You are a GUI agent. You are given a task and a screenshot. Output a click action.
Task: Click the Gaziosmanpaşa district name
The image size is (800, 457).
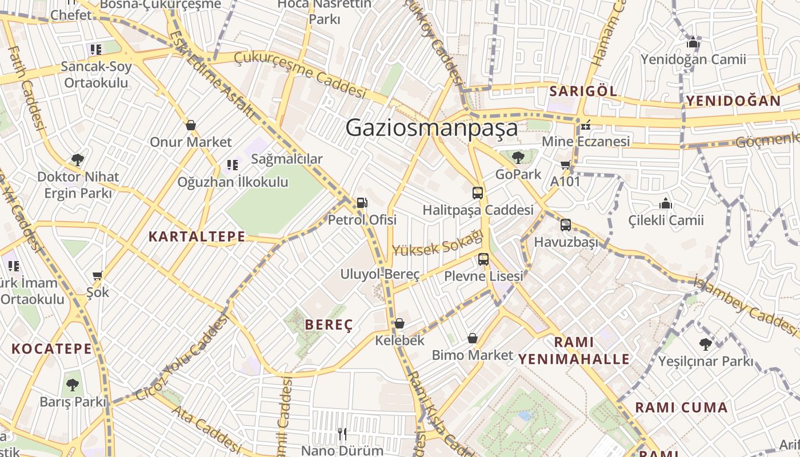coord(431,127)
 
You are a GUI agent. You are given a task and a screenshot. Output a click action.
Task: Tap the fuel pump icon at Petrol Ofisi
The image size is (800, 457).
coord(361,203)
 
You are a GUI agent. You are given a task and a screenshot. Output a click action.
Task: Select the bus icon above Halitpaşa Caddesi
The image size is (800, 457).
coord(478,193)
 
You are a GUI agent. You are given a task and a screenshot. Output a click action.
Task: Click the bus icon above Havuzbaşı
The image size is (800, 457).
coord(566,225)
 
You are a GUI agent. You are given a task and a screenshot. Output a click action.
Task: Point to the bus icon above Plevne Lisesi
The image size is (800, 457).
coord(483,259)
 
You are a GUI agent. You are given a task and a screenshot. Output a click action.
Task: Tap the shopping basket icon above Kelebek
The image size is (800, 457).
coord(399,324)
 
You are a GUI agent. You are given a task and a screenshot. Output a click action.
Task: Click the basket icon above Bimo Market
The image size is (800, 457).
coord(473,338)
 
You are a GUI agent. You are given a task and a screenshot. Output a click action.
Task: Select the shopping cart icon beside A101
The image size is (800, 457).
coord(566,166)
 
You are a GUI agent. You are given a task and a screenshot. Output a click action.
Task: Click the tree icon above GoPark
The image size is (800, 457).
coord(518,157)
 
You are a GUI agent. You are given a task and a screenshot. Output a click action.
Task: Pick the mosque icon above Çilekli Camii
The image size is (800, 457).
coord(666,203)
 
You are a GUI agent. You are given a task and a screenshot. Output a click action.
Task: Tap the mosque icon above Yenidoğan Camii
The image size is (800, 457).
coord(693,42)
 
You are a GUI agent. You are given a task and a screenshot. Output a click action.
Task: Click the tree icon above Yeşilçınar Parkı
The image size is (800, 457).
coord(706,344)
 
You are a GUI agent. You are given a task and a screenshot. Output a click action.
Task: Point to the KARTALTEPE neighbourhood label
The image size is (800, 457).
coord(197,236)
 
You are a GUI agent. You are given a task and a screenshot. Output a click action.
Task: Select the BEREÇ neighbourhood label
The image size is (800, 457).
coord(329,325)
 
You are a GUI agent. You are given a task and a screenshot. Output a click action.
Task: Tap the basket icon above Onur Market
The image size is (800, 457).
coord(191,125)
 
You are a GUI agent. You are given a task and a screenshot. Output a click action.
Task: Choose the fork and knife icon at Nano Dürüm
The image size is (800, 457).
coord(342,434)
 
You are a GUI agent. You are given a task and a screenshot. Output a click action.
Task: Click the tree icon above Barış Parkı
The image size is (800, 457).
coord(73,385)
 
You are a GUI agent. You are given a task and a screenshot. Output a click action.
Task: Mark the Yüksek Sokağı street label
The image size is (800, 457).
coord(438,242)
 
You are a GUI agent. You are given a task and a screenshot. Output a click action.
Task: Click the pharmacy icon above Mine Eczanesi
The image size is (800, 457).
coord(585,125)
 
